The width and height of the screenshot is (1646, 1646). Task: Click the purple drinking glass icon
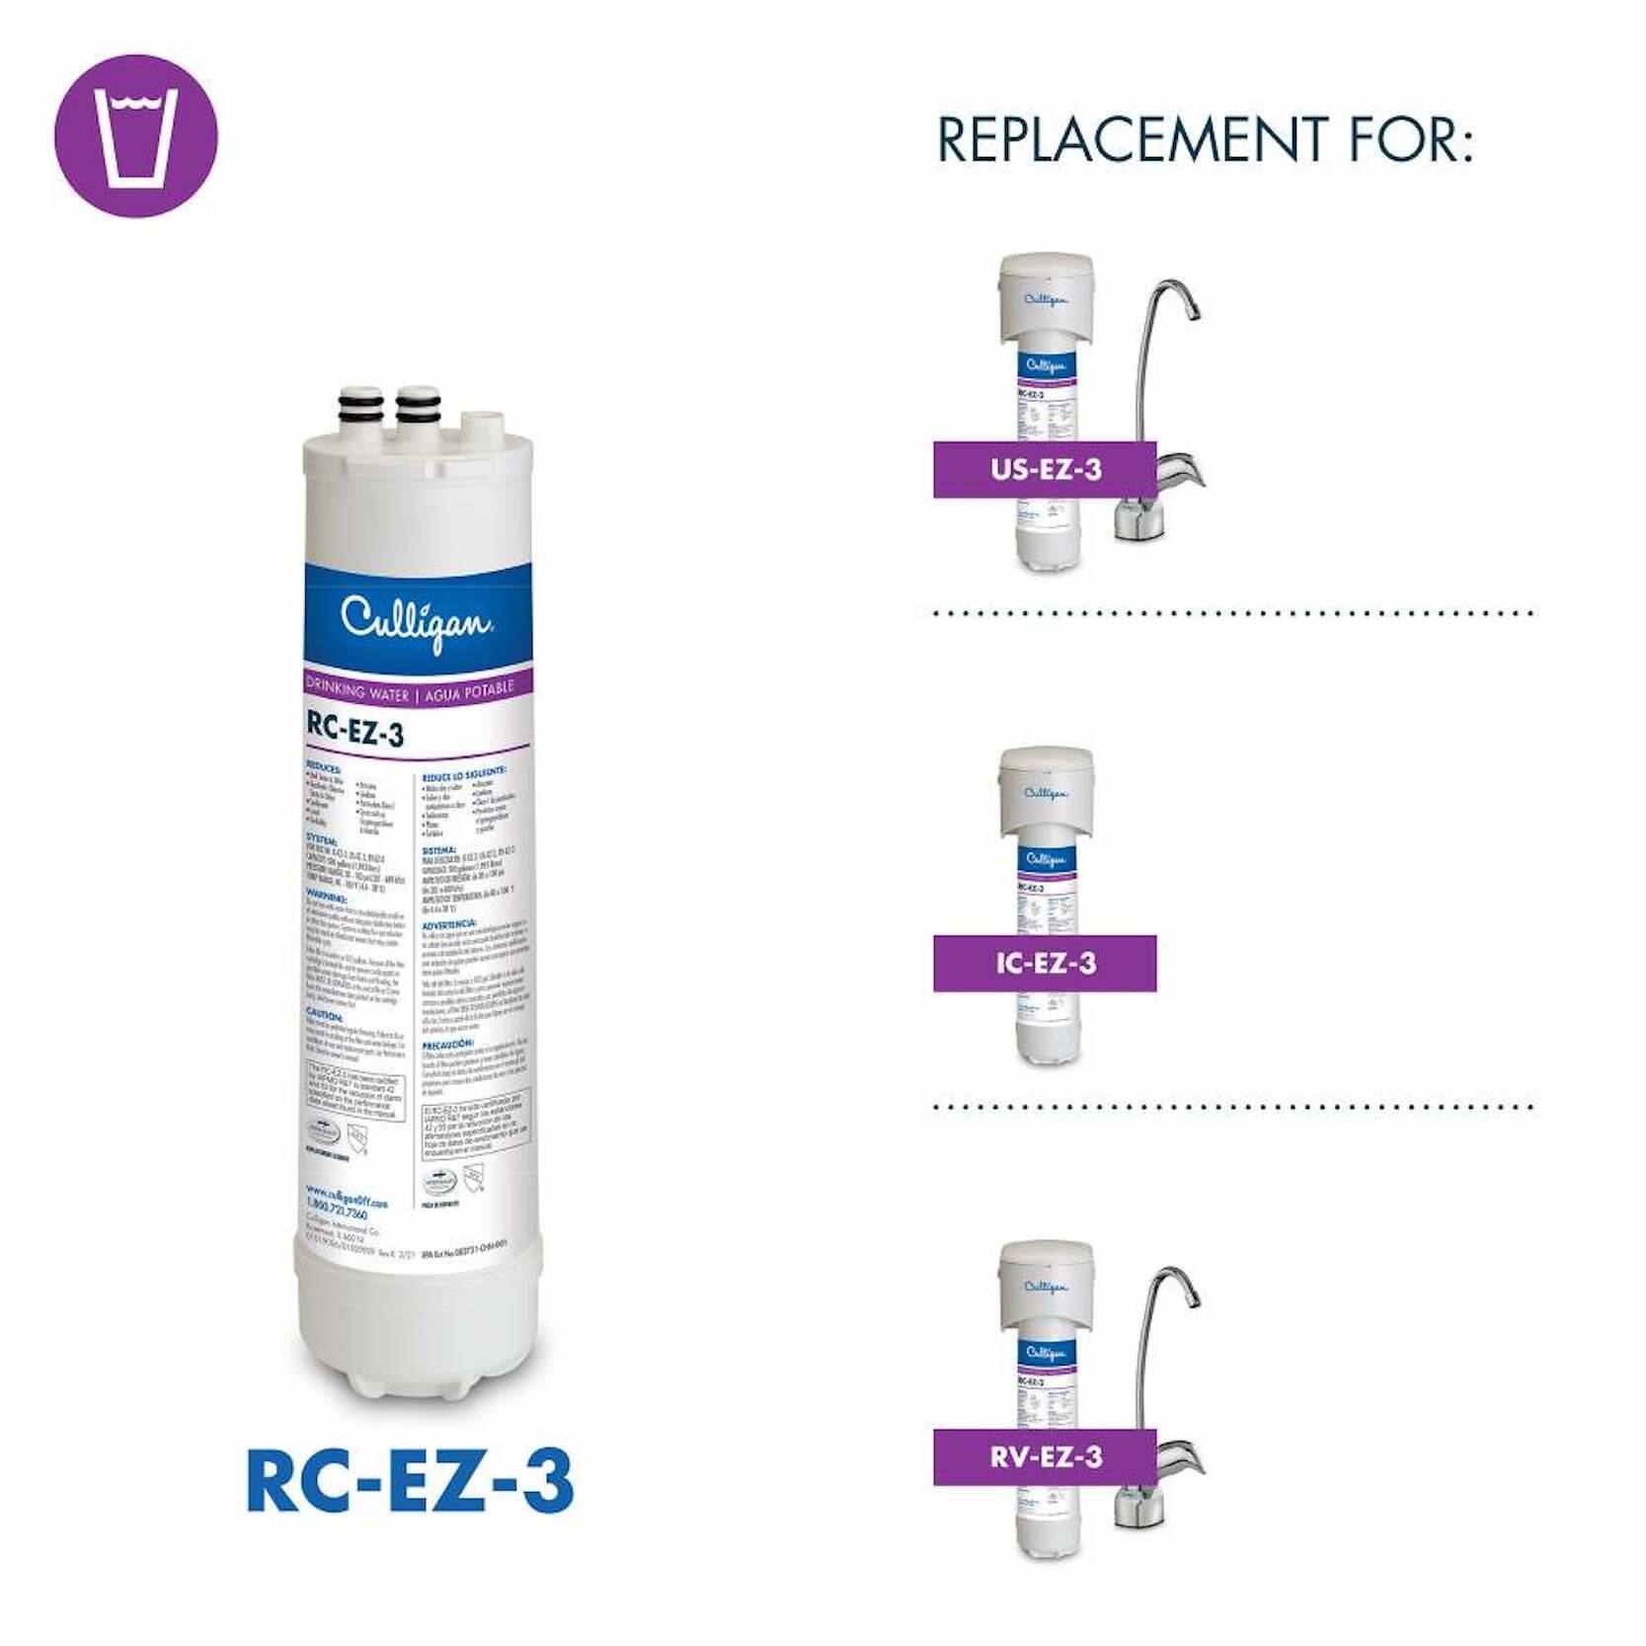[135, 136]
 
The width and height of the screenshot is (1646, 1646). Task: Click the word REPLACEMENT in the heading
[1132, 139]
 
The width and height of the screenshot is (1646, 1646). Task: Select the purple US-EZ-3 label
[1045, 469]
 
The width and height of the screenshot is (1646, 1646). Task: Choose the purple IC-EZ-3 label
[1045, 963]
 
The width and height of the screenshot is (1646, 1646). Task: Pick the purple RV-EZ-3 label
[1045, 1456]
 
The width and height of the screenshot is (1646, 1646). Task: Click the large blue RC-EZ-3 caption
[410, 1481]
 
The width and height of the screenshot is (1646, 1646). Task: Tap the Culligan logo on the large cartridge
[416, 621]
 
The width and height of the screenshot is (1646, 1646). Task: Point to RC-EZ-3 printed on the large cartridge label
[355, 731]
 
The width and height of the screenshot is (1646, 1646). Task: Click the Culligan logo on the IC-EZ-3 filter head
[1046, 792]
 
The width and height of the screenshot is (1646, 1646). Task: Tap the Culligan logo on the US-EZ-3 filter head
[1046, 298]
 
